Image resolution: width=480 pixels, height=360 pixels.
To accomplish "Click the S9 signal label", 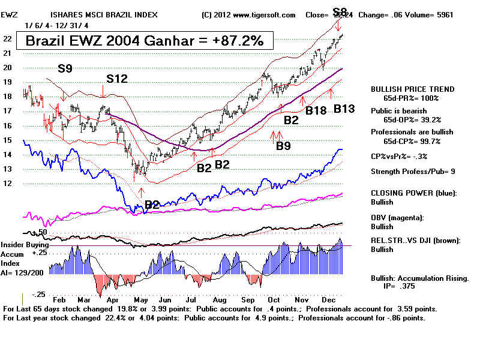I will click(65, 69).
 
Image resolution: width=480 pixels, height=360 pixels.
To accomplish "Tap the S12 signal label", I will click(118, 79).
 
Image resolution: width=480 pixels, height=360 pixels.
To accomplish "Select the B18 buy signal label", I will click(316, 110).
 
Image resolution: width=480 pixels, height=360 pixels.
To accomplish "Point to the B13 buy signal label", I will click(344, 109).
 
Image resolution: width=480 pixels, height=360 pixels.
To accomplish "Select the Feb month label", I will click(59, 299).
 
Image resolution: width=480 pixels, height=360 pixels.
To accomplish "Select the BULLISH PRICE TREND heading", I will click(412, 89).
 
